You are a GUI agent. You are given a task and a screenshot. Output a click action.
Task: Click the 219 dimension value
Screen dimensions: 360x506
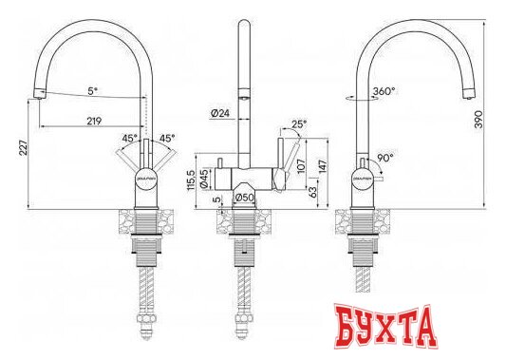pos(94,122)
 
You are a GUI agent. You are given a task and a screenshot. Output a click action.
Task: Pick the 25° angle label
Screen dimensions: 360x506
pos(300,123)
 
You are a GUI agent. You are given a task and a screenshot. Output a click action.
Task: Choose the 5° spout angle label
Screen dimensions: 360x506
pos(92,91)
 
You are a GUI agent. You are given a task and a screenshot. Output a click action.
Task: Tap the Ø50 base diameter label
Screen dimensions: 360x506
pos(243,197)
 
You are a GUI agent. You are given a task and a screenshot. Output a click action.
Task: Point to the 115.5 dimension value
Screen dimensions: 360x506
pos(192,180)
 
